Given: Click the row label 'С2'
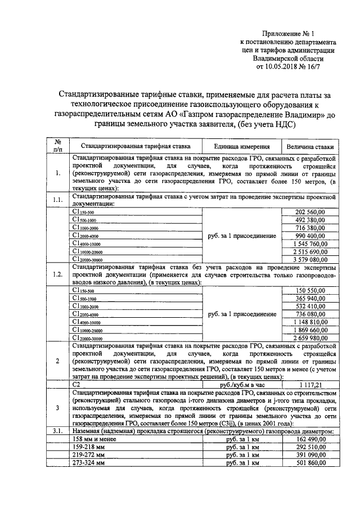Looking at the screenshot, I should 76,384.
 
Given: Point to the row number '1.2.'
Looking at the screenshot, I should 57,274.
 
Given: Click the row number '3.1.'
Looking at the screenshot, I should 57,430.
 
